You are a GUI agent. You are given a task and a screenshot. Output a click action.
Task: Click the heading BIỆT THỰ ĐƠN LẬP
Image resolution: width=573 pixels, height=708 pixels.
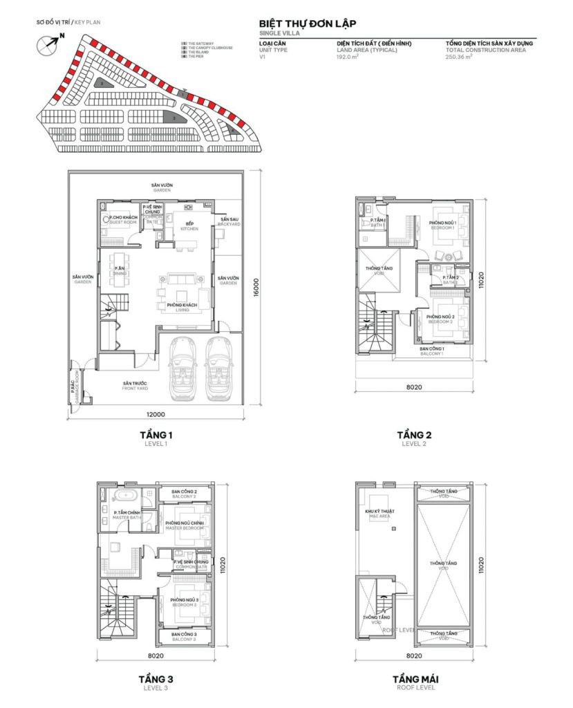pos(308,23)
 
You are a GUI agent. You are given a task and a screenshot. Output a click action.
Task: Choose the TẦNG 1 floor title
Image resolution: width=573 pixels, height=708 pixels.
pos(156,435)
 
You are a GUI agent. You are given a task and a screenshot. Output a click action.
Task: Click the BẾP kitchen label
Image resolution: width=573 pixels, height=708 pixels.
pos(189,225)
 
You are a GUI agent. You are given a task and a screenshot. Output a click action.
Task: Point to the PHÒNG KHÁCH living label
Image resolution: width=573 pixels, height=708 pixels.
pos(182,308)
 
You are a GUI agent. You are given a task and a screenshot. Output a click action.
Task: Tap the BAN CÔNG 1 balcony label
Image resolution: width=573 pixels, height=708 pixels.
pos(432,351)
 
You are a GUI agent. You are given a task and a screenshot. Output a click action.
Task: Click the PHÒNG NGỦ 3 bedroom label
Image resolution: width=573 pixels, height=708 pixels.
pos(185,601)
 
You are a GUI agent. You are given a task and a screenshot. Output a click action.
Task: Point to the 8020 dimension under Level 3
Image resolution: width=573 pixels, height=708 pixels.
pos(156,655)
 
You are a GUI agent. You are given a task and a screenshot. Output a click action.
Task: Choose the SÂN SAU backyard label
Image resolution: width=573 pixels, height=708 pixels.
pos(230,222)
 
